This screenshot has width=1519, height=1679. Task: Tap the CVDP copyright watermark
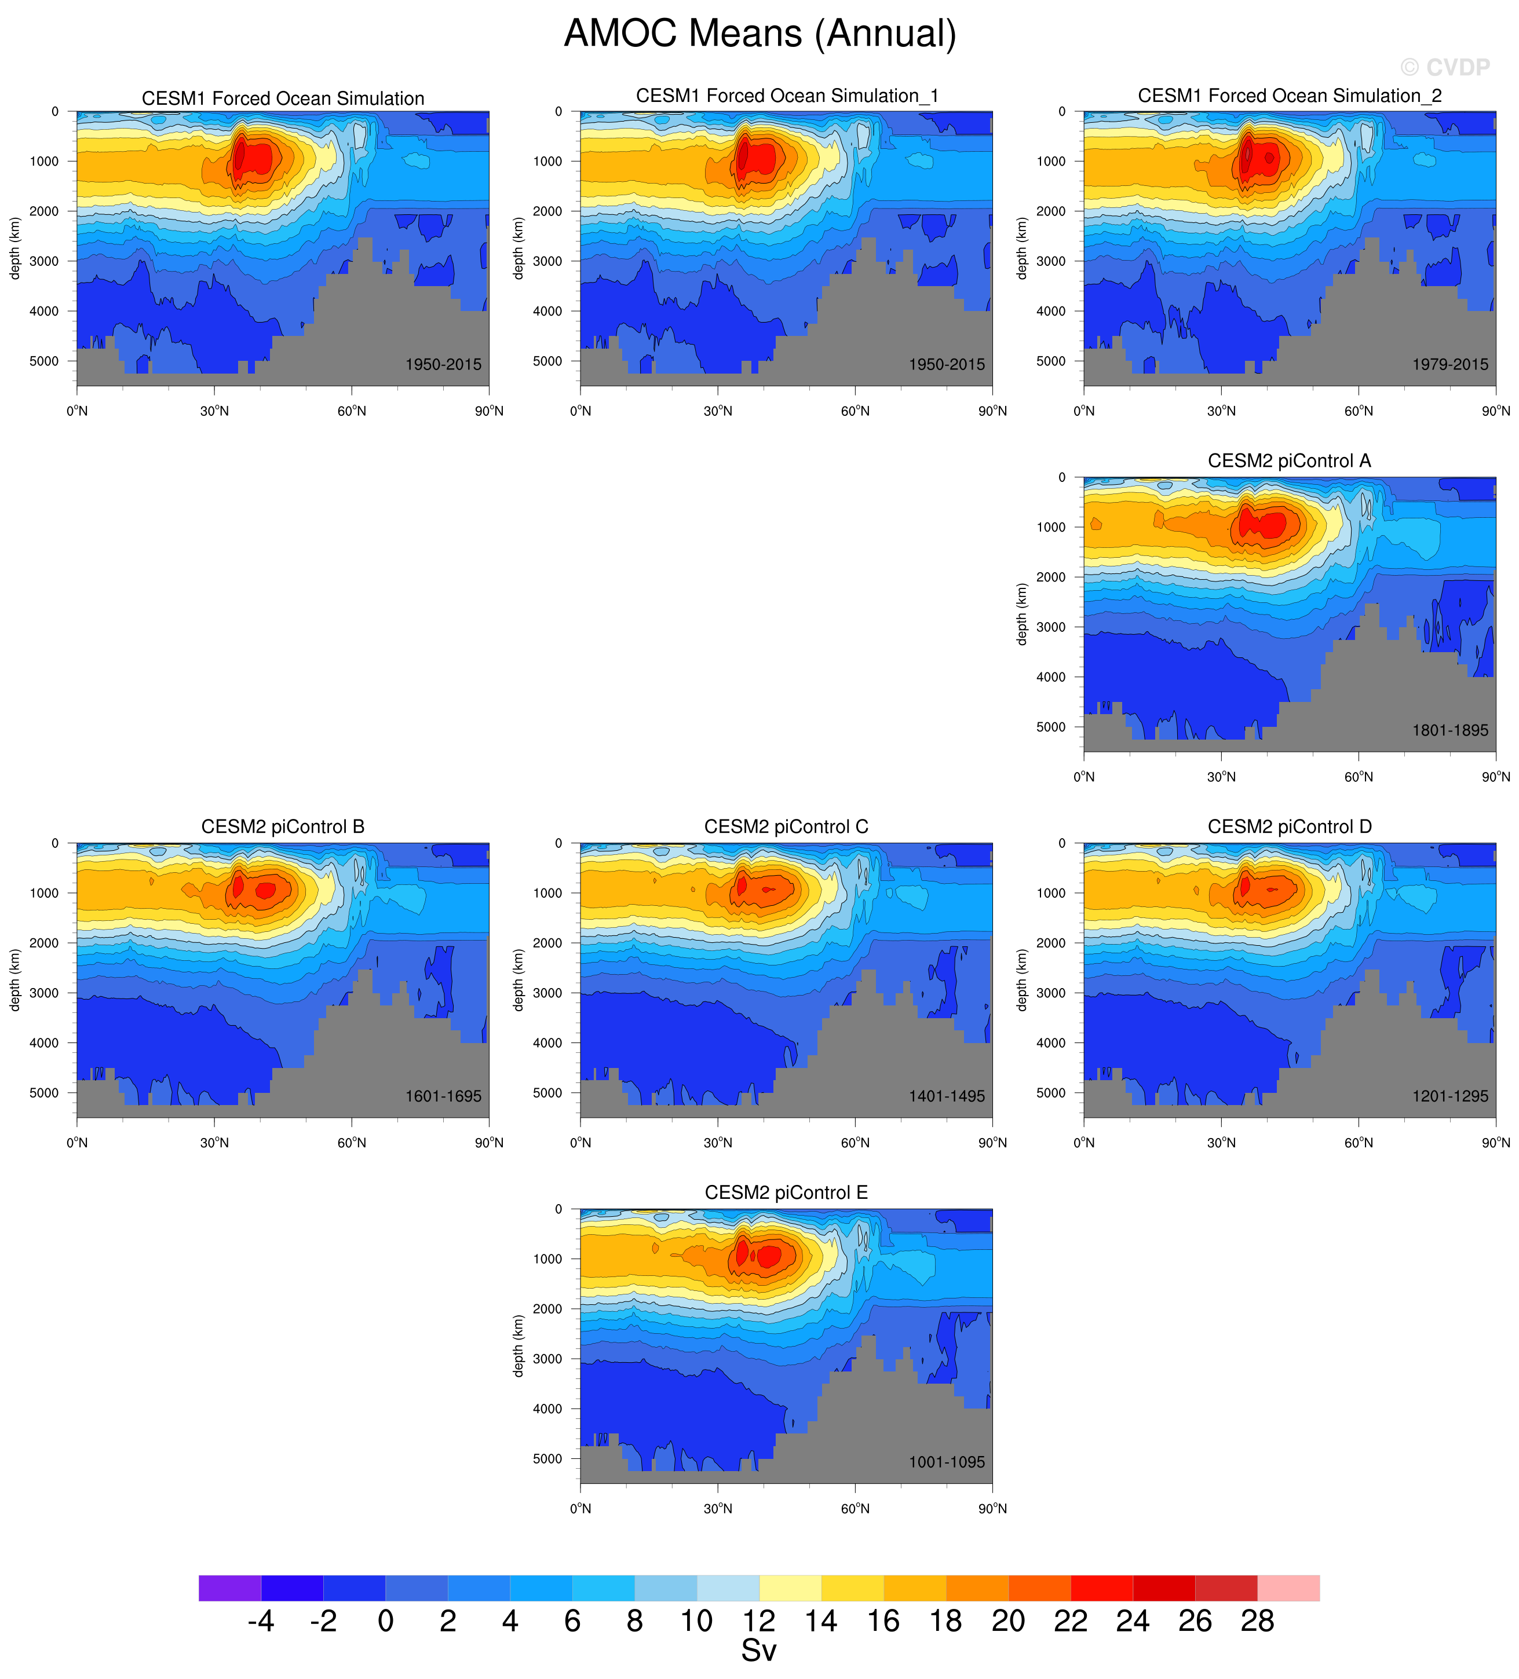pyautogui.click(x=1445, y=67)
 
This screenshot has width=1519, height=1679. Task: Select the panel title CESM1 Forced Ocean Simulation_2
pyautogui.click(x=1289, y=96)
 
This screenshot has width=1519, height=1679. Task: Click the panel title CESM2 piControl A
pyautogui.click(x=1289, y=460)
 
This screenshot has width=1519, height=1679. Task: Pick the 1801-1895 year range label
pyautogui.click(x=1450, y=730)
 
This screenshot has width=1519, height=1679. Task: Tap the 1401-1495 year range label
pyautogui.click(x=947, y=1096)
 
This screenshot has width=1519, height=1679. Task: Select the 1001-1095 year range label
pyautogui.click(x=947, y=1462)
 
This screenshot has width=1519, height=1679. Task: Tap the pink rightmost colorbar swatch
pyautogui.click(x=1288, y=1587)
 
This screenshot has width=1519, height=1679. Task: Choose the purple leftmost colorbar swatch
pyautogui.click(x=230, y=1587)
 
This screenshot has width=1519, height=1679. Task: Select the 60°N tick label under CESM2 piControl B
pyautogui.click(x=352, y=1143)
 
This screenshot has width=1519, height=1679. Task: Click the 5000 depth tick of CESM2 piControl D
pyautogui.click(x=1051, y=1093)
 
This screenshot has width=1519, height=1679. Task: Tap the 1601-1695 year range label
pyautogui.click(x=443, y=1096)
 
